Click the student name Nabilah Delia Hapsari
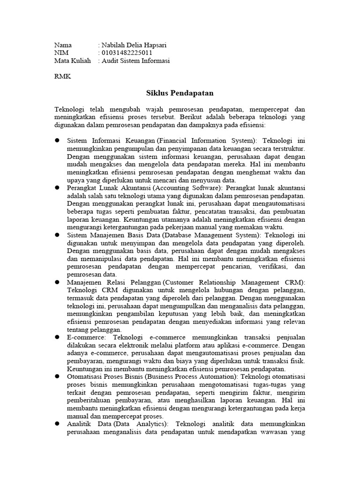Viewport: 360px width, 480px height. [x=134, y=45]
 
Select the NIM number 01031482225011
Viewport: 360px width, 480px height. [x=127, y=53]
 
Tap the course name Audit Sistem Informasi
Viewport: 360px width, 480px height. [x=136, y=61]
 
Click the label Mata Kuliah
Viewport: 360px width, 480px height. [x=72, y=61]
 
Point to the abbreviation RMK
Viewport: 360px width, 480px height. [x=63, y=76]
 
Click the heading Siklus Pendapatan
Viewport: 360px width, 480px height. [x=180, y=93]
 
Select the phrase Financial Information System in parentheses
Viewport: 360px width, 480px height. [x=208, y=141]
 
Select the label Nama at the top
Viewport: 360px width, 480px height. [x=63, y=45]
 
